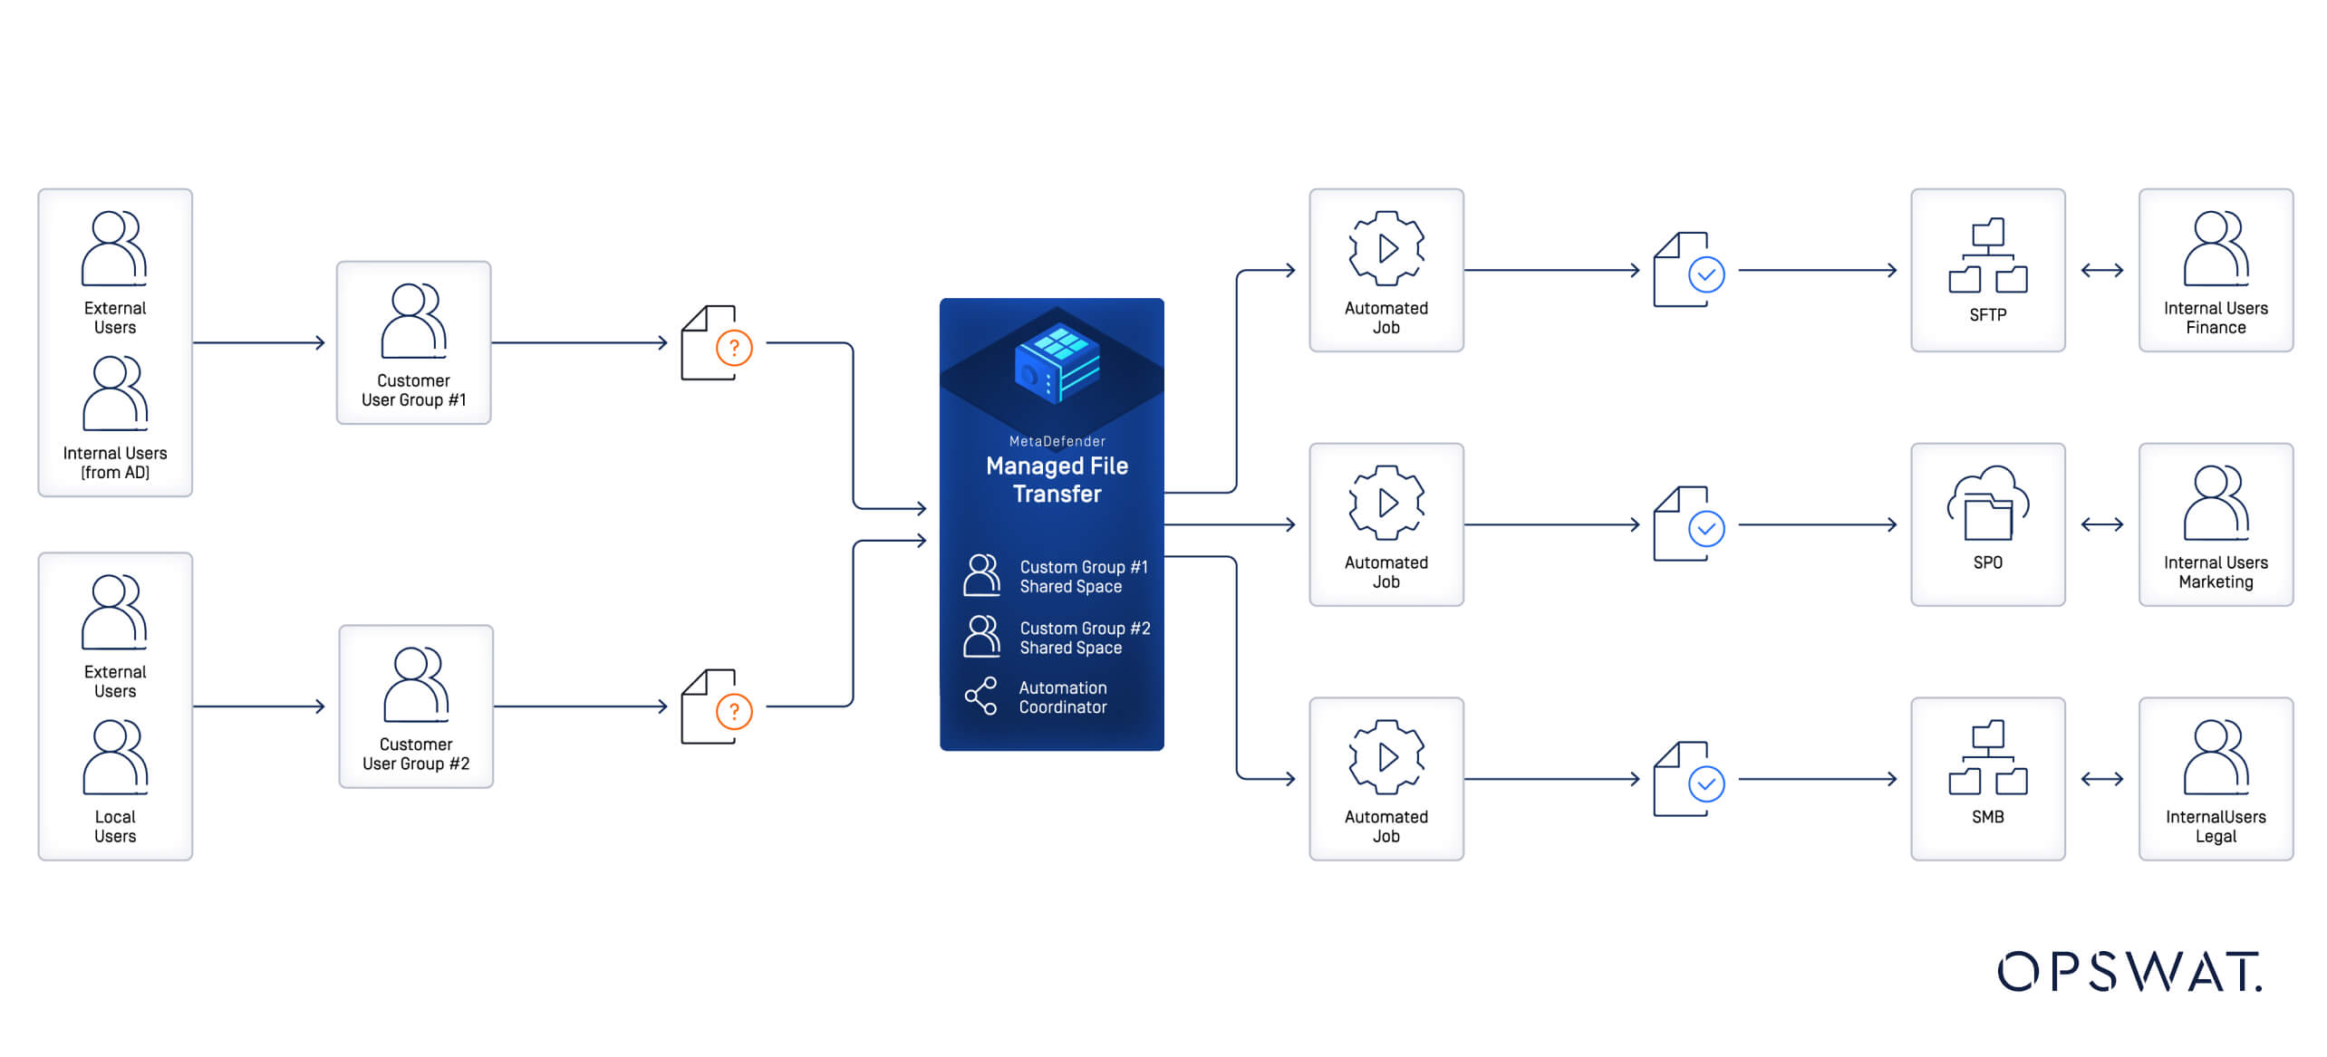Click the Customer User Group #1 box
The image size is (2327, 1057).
[x=413, y=342]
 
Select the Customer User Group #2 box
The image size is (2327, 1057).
[x=416, y=706]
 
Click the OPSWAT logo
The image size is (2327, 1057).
[x=2129, y=972]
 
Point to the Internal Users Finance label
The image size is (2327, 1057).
[x=2215, y=318]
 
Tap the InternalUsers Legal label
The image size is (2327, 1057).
[x=2215, y=826]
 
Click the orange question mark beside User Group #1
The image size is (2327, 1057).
[x=734, y=348]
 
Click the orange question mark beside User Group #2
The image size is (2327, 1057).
[x=734, y=712]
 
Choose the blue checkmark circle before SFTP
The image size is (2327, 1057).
[x=1706, y=274]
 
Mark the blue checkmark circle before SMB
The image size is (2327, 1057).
[x=1706, y=783]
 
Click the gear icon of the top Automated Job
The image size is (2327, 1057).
[x=1386, y=248]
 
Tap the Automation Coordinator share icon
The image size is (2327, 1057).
[x=980, y=697]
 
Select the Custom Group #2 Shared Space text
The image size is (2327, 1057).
[x=1084, y=638]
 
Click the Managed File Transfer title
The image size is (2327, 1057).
[x=1057, y=479]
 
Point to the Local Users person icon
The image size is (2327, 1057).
[x=114, y=757]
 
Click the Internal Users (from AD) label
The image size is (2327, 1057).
[x=115, y=462]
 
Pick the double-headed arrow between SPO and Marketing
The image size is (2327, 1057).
[x=2101, y=524]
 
